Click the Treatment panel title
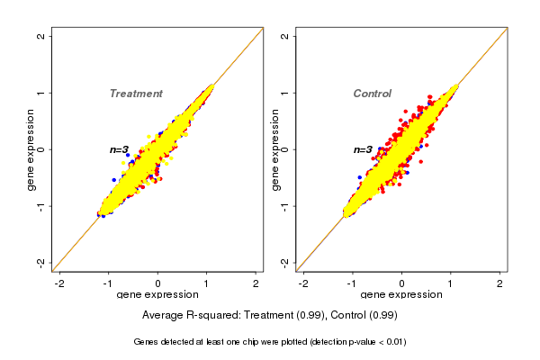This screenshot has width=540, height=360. [x=136, y=94]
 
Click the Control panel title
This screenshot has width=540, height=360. [x=373, y=94]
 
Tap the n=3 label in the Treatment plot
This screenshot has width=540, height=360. [x=120, y=149]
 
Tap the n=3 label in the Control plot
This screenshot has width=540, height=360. [x=364, y=149]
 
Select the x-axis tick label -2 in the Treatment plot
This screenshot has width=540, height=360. [x=59, y=283]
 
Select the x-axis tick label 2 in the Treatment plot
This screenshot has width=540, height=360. [x=256, y=283]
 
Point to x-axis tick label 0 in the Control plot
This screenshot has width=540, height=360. [x=401, y=283]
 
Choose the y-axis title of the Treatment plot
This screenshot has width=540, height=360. [x=31, y=149]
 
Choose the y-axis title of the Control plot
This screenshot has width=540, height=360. [x=275, y=149]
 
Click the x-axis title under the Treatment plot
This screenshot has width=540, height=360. [x=157, y=295]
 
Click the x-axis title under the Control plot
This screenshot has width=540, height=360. [x=401, y=295]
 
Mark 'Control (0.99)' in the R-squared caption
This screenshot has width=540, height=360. [x=364, y=316]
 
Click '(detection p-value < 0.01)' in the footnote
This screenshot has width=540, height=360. [x=343, y=342]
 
